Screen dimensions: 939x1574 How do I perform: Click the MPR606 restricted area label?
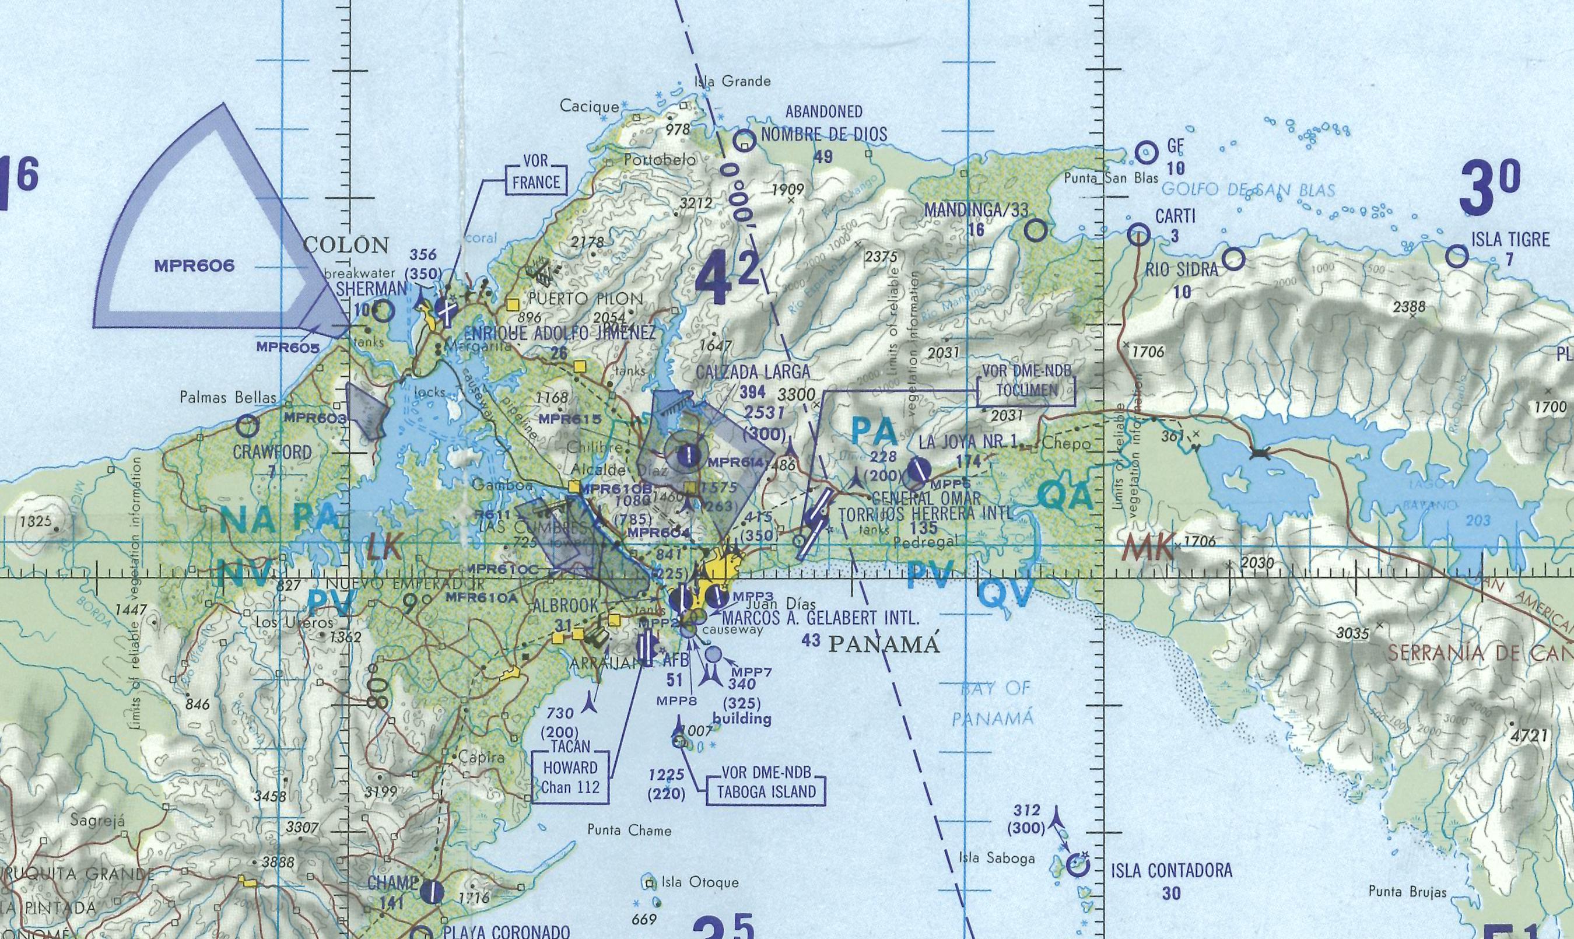pos(194,266)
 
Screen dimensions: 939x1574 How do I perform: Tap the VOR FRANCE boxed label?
pos(535,173)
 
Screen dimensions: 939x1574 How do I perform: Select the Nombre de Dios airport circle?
pos(745,140)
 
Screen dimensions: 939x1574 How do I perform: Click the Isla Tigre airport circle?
pos(1457,256)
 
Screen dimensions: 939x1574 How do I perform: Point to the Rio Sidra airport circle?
pos(1233,258)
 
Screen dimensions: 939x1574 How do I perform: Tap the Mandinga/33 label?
pos(976,209)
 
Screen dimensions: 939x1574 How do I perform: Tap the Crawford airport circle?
pos(247,426)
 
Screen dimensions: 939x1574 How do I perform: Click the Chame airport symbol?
pos(433,892)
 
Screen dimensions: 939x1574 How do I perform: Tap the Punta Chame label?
pos(629,830)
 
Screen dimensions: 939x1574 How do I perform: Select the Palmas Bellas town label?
pos(229,397)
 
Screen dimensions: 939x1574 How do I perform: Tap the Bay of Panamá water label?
pos(995,702)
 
